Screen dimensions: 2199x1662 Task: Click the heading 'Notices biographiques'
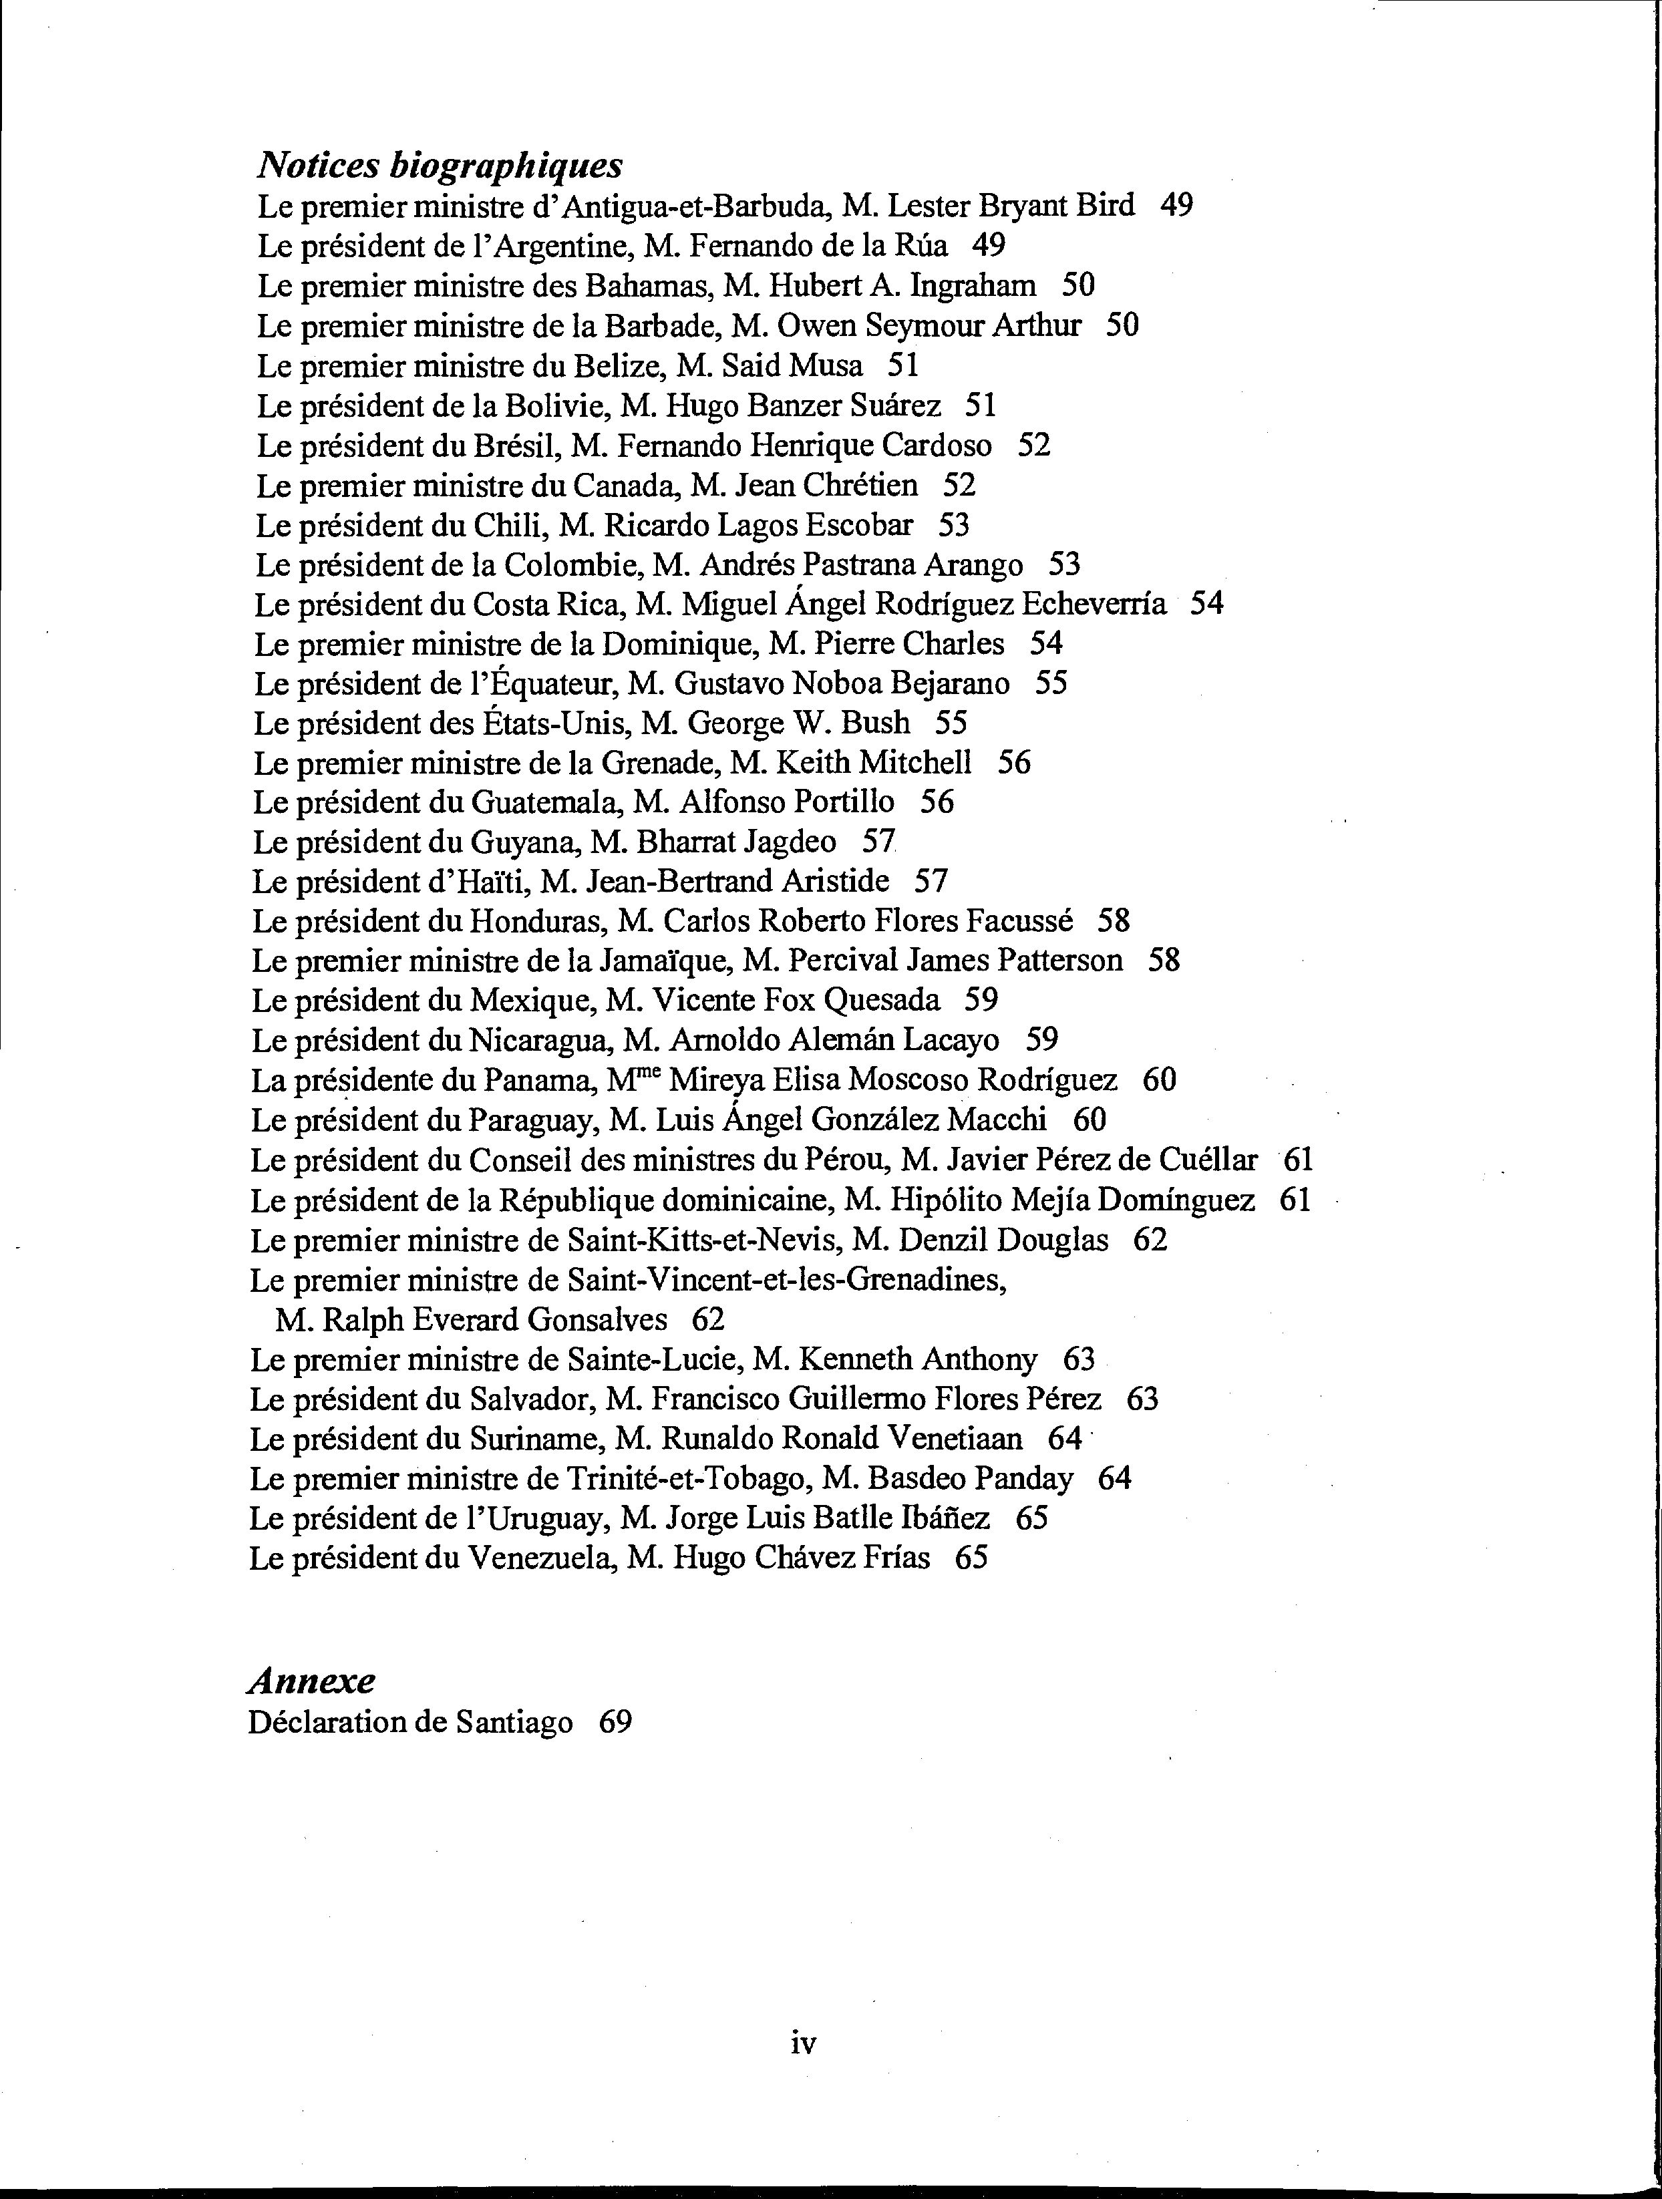click(x=440, y=164)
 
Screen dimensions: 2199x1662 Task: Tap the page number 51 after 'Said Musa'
click(x=902, y=366)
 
